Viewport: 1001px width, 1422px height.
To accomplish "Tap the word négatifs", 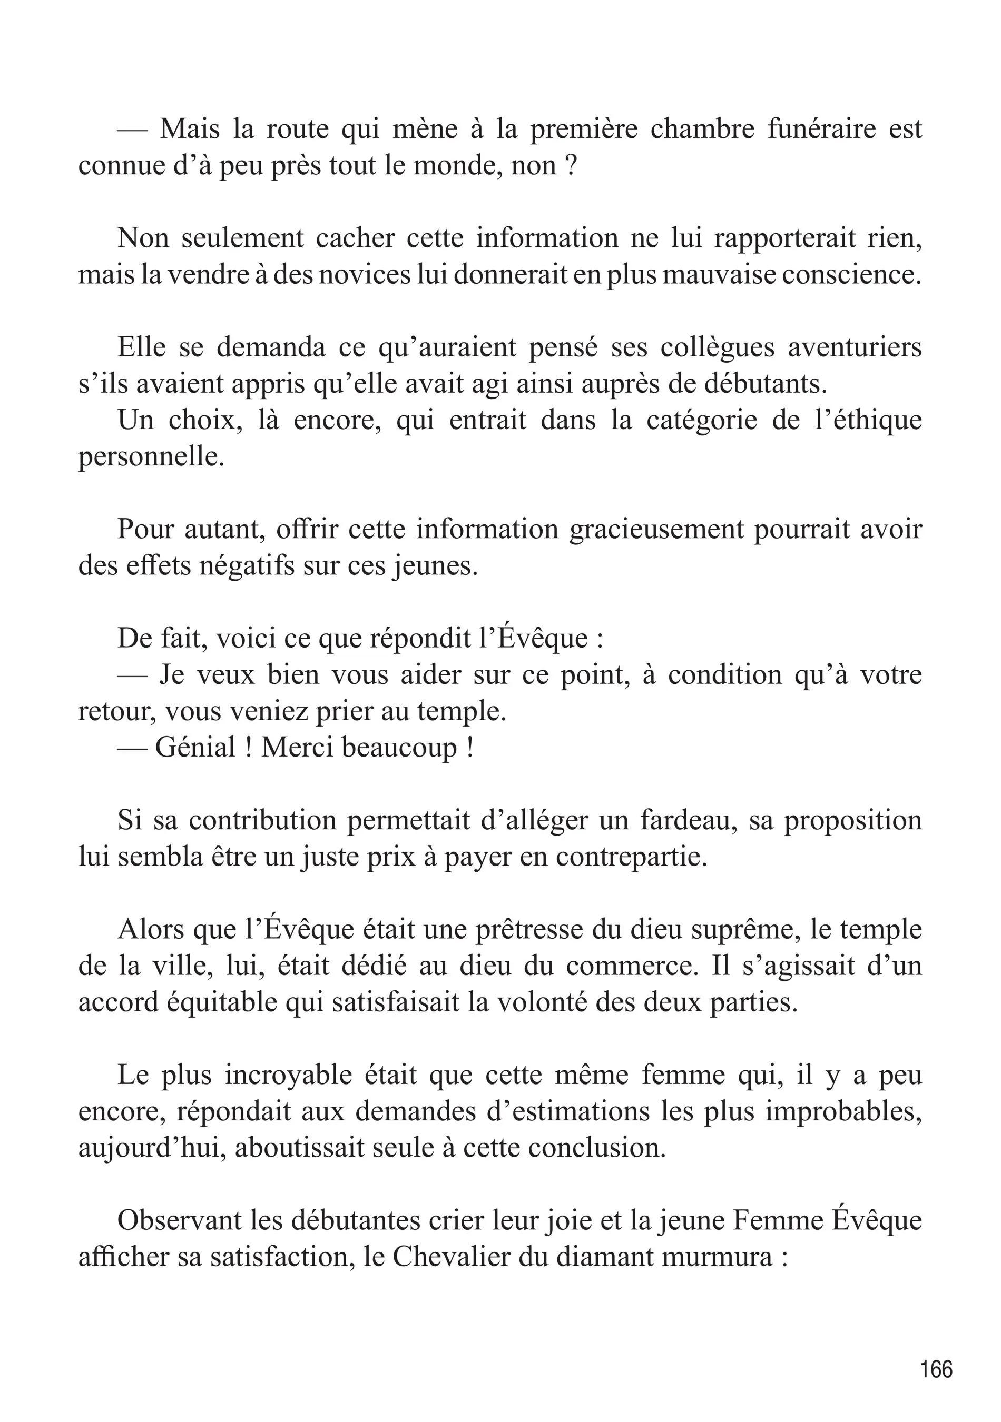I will click(x=247, y=566).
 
